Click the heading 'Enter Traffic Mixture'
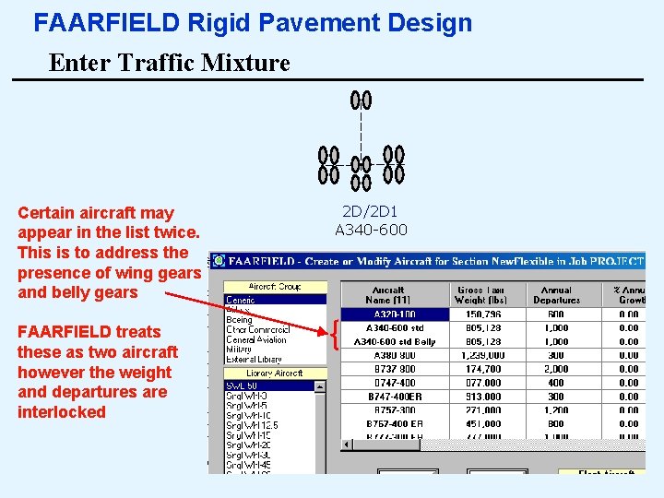pyautogui.click(x=169, y=63)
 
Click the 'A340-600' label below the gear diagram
pyautogui.click(x=370, y=230)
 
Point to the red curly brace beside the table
pyautogui.click(x=336, y=335)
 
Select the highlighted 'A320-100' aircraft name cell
pyautogui.click(x=394, y=314)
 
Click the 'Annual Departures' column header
pyautogui.click(x=556, y=294)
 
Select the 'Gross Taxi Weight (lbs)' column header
pyautogui.click(x=480, y=294)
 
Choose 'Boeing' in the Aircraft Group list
pyautogui.click(x=240, y=319)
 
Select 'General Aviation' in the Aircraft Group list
pyautogui.click(x=256, y=339)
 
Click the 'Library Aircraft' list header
pyautogui.click(x=275, y=373)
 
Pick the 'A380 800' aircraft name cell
pyautogui.click(x=395, y=356)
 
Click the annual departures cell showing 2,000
pyautogui.click(x=556, y=369)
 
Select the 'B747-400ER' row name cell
pyautogui.click(x=395, y=397)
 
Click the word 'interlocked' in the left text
pyautogui.click(x=62, y=412)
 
